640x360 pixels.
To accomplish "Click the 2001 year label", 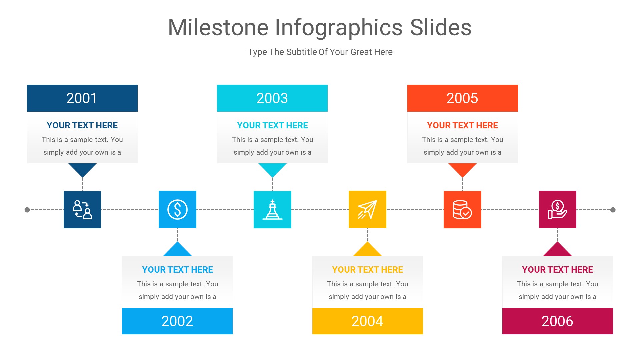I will pyautogui.click(x=82, y=98).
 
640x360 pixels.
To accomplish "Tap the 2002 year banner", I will pyautogui.click(x=177, y=321).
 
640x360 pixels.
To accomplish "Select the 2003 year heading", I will pyautogui.click(x=272, y=98).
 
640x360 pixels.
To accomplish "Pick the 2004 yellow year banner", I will pyautogui.click(x=367, y=321).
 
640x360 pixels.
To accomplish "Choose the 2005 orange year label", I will pyautogui.click(x=462, y=98).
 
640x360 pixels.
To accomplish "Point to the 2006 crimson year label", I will pyautogui.click(x=557, y=321).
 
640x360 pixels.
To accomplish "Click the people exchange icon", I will pyautogui.click(x=82, y=210).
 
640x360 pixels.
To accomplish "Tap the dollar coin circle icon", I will pyautogui.click(x=177, y=210).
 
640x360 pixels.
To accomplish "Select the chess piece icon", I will pyautogui.click(x=272, y=210).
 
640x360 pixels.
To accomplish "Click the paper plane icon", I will pyautogui.click(x=367, y=210).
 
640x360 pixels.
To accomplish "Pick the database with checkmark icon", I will pyautogui.click(x=462, y=210).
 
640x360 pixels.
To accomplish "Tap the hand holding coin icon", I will pyautogui.click(x=557, y=210).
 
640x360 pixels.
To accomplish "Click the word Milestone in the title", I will pyautogui.click(x=218, y=27).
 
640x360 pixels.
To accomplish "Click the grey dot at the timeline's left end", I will pyautogui.click(x=27, y=210).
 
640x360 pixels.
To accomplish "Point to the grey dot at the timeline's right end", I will pyautogui.click(x=613, y=210).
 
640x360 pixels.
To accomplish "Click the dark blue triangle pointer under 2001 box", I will pyautogui.click(x=82, y=169).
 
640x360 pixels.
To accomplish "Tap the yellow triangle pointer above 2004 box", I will pyautogui.click(x=367, y=250).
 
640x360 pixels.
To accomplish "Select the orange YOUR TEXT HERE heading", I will pyautogui.click(x=462, y=125).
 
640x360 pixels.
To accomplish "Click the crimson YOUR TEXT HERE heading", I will pyautogui.click(x=557, y=270).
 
